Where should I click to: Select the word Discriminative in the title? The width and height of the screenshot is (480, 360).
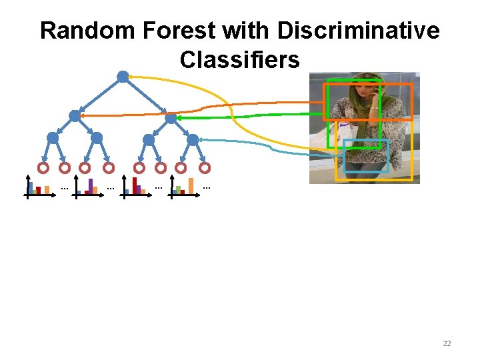(x=358, y=31)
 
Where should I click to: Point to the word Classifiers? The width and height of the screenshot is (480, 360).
(x=239, y=60)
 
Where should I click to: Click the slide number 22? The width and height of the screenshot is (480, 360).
(x=447, y=343)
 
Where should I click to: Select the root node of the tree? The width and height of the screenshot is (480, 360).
(x=123, y=77)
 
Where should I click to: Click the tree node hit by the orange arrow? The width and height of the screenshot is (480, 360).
(x=75, y=115)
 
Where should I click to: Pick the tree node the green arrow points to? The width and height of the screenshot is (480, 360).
(x=171, y=119)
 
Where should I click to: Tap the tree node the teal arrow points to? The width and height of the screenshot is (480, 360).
(x=193, y=139)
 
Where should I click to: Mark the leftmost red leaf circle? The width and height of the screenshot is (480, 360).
(x=43, y=168)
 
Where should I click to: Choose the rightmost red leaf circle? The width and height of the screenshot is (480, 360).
(x=205, y=168)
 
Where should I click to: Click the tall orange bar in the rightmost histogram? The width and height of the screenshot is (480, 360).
(x=191, y=185)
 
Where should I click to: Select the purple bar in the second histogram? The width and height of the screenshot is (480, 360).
(x=91, y=185)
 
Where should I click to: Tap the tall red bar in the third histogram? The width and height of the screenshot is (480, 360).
(x=135, y=185)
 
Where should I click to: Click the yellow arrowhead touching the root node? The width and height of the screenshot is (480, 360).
(x=132, y=77)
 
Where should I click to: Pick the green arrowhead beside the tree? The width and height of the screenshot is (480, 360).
(x=181, y=118)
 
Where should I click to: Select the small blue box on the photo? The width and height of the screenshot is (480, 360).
(x=366, y=156)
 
